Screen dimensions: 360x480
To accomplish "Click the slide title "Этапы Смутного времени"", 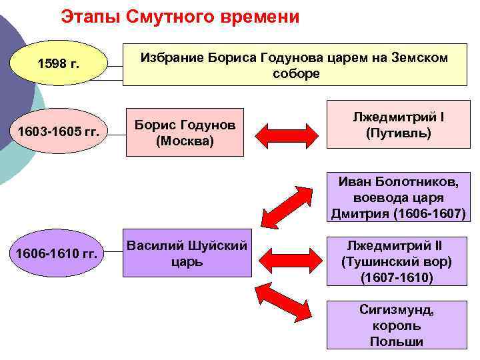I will [180, 17].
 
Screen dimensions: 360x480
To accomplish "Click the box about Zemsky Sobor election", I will [295, 65].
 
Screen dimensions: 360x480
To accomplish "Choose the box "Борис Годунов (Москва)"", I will [185, 132].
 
